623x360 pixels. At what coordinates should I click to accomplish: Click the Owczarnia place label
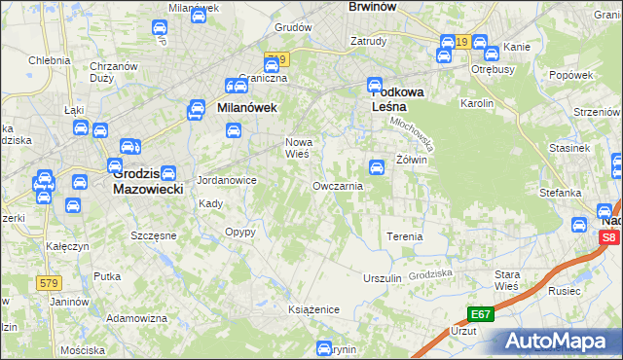[338, 185]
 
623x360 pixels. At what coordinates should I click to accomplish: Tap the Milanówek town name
[247, 109]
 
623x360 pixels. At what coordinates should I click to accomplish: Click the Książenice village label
[312, 309]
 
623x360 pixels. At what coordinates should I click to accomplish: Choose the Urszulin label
[382, 278]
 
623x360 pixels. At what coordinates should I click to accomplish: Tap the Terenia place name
[405, 236]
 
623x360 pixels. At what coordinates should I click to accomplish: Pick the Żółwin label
[412, 161]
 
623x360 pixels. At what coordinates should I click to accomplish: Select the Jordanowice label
[226, 180]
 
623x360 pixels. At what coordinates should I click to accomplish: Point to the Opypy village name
[239, 232]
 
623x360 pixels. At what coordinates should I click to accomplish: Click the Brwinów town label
[375, 6]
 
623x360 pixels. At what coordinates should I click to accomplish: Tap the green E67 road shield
[480, 314]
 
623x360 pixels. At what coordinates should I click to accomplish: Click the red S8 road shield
[608, 236]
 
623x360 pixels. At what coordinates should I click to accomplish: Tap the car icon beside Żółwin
[378, 167]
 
